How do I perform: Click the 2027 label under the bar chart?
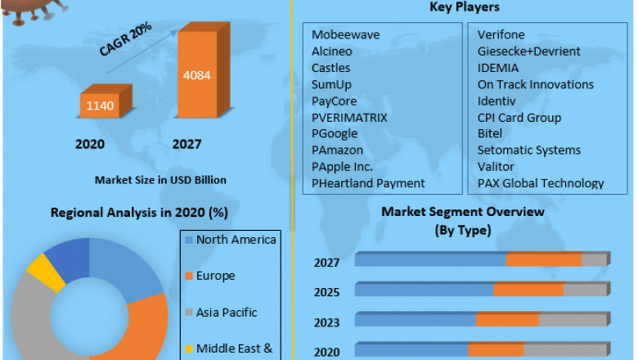186,145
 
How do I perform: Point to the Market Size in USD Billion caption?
160,179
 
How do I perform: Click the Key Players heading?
465,7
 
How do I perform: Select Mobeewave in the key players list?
345,34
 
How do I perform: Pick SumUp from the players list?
331,84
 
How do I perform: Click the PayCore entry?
335,101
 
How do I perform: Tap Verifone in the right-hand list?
501,34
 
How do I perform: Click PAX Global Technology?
541,183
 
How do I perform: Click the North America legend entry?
236,240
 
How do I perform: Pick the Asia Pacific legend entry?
227,313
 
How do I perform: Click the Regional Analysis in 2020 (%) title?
139,213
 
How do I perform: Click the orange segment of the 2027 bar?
544,259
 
